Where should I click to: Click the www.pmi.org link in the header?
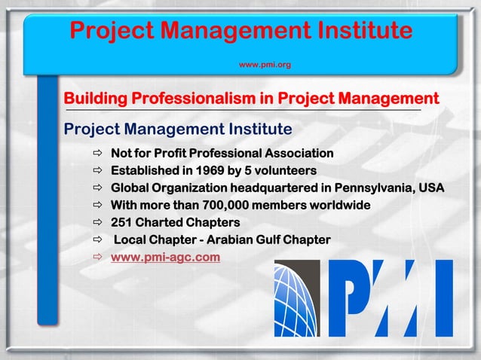tap(265, 66)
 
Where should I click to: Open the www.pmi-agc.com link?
tap(165, 258)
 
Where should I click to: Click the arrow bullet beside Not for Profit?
tap(97, 154)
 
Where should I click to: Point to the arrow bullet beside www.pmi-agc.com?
tap(97, 258)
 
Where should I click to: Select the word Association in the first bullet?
tap(296, 154)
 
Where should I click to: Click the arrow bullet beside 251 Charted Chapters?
tap(97, 223)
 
